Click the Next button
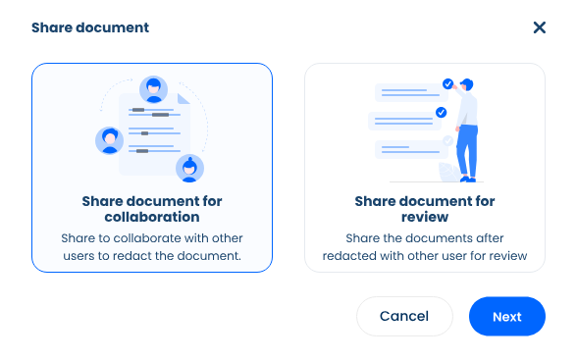(x=506, y=317)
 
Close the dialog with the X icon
(x=539, y=27)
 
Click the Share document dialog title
(x=90, y=27)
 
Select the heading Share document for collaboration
(x=152, y=208)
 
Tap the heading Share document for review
(x=425, y=208)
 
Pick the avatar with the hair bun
(x=188, y=168)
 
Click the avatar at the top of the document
(x=152, y=89)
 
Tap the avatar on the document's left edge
(x=109, y=140)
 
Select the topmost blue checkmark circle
(x=447, y=84)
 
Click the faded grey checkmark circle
(x=447, y=141)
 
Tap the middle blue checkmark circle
(x=441, y=113)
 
